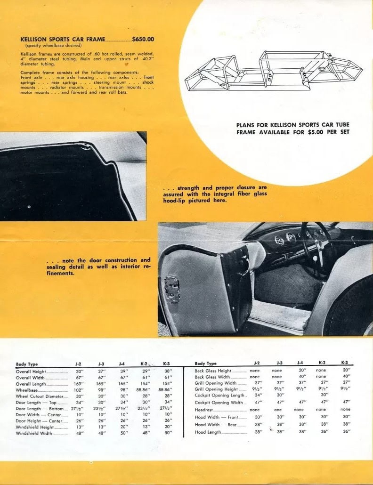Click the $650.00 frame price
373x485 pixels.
pos(143,40)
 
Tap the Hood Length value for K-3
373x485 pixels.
pos(346,432)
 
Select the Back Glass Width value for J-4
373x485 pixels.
pos(302,377)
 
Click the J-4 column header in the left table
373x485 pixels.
pos(122,364)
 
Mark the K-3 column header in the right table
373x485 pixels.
pos(345,363)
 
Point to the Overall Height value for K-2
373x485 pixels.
pos(146,371)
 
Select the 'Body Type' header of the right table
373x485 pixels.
pos(206,364)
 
